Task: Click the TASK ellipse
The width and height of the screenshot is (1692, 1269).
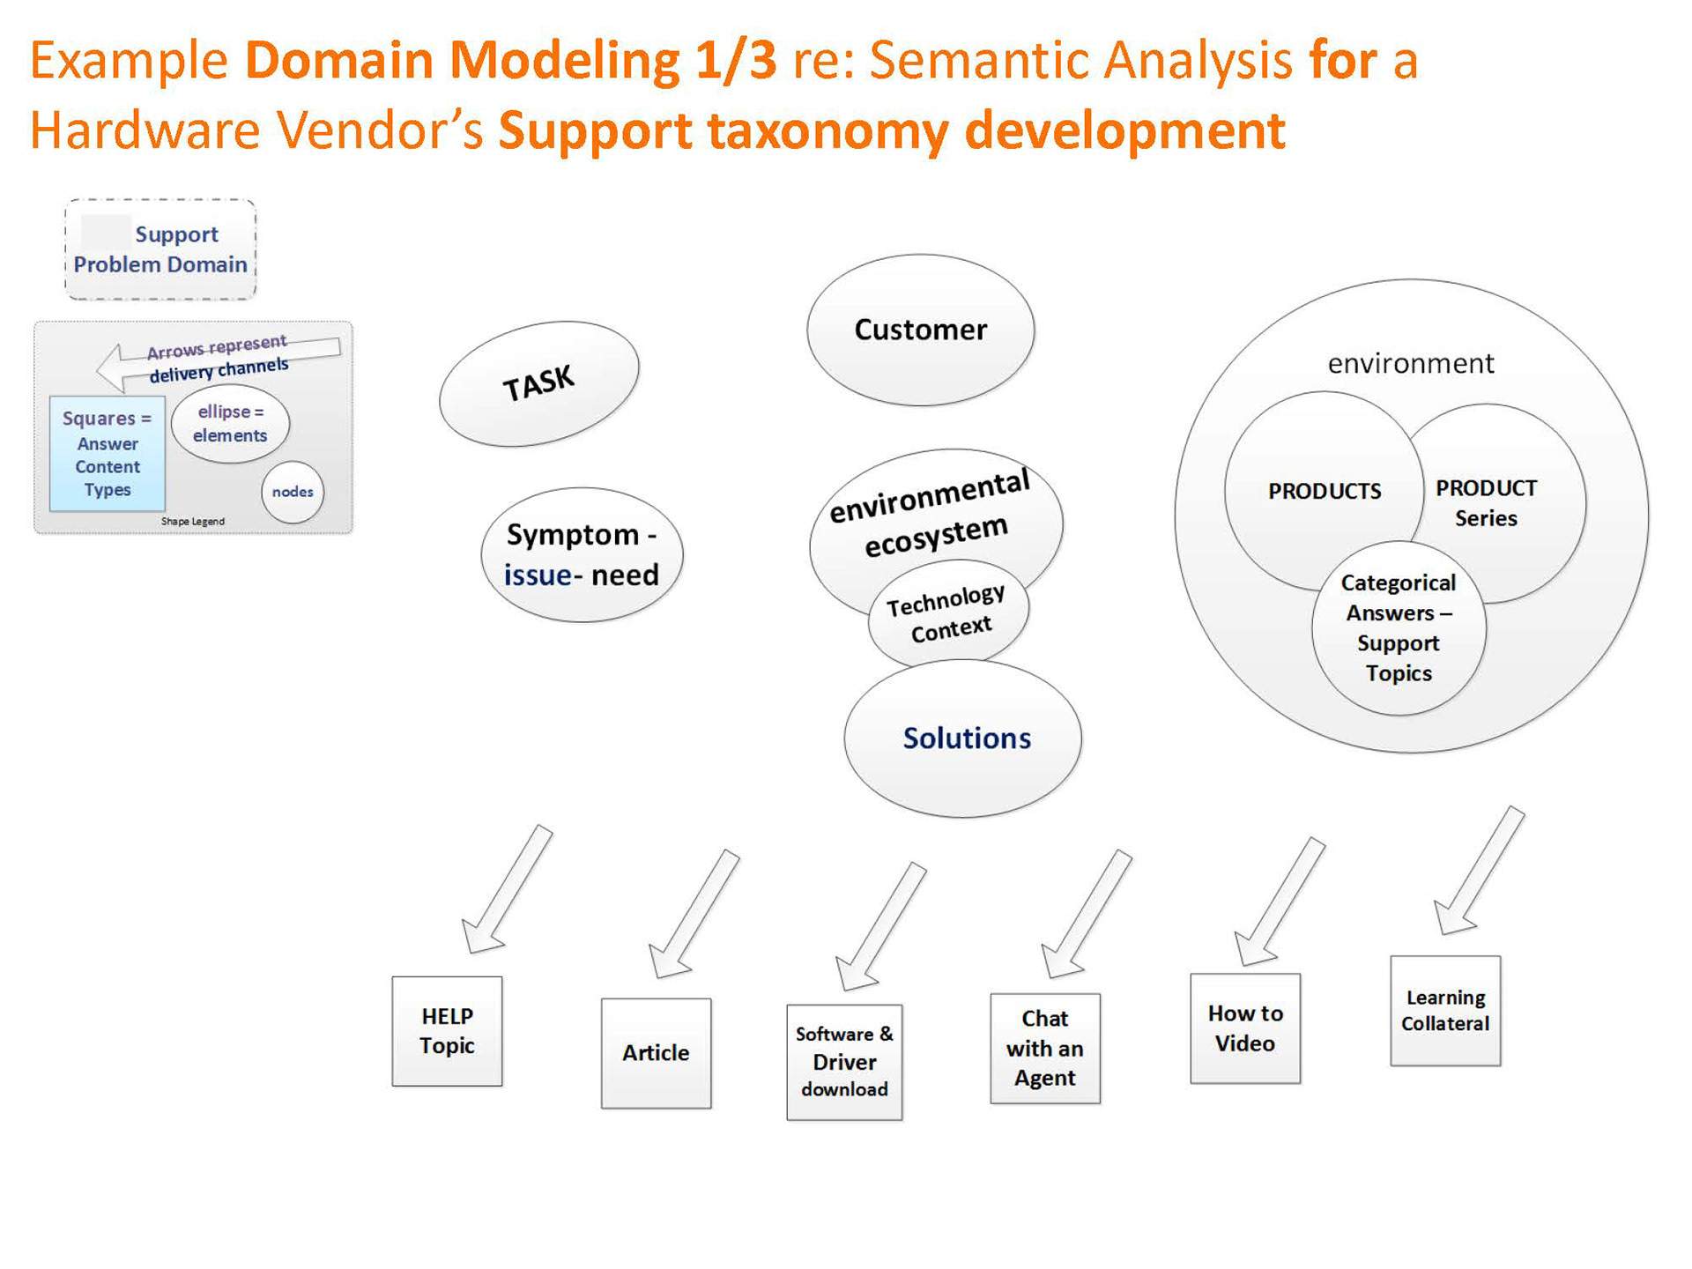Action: point(538,383)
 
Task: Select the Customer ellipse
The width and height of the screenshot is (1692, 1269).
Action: point(920,330)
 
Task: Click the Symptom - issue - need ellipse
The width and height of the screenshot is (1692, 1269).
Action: point(582,555)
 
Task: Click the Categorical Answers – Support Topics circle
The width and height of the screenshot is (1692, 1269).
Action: point(1399,628)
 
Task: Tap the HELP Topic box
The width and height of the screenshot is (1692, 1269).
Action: point(447,1031)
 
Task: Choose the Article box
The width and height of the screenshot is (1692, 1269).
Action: point(656,1053)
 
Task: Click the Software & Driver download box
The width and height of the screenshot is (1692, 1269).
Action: point(844,1062)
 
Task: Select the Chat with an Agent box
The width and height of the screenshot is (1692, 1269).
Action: point(1045,1049)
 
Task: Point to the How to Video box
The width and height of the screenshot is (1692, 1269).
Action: point(1244,1028)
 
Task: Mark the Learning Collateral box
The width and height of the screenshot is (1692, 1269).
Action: point(1445,1011)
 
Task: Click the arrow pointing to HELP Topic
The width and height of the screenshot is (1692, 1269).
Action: point(506,891)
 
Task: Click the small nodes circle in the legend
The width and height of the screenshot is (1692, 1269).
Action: point(293,492)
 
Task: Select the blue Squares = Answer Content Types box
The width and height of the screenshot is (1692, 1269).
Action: point(108,454)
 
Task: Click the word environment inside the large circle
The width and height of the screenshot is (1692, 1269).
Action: point(1410,363)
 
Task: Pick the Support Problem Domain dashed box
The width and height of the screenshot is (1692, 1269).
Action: point(160,249)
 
